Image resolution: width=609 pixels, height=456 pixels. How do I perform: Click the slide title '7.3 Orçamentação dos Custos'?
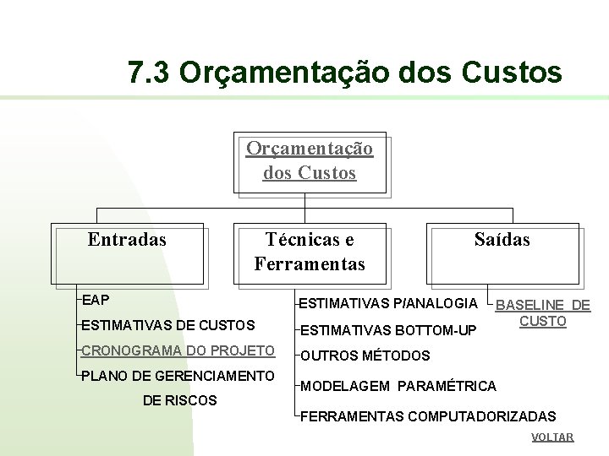point(345,73)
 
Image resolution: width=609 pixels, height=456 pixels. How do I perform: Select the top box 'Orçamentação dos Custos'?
point(310,161)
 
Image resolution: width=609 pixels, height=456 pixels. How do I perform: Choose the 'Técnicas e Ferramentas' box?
point(310,252)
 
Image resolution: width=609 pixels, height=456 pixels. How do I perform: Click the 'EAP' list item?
point(96,300)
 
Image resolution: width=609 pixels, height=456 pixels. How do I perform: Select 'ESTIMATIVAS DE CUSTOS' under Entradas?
point(168,325)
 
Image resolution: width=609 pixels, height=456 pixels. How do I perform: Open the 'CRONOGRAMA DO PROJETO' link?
point(178,350)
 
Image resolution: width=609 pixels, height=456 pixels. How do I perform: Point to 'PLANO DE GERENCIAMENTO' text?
point(178,376)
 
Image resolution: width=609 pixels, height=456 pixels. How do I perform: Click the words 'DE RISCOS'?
point(179,400)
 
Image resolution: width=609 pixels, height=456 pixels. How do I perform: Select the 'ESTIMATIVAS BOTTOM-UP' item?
point(389,329)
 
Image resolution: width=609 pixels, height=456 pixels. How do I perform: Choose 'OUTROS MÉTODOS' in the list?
point(365,356)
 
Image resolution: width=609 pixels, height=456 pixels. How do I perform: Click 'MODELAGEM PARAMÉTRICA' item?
point(398,386)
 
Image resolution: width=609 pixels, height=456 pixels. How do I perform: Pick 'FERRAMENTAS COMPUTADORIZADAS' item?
point(429,416)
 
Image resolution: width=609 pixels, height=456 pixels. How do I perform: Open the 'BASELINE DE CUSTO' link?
point(543,313)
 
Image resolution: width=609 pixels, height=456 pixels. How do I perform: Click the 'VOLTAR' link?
point(552,437)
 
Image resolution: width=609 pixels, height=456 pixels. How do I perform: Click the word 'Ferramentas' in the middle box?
point(310,264)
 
